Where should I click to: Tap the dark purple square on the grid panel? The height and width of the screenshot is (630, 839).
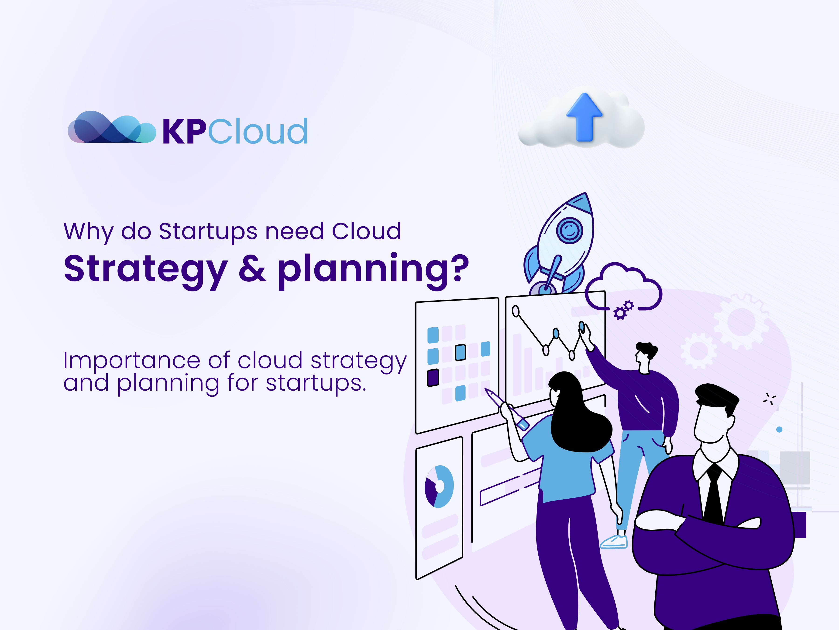click(x=433, y=378)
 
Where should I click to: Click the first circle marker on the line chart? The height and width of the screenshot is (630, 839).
click(x=516, y=311)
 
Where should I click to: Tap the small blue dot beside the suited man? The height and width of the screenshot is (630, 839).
click(x=779, y=430)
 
